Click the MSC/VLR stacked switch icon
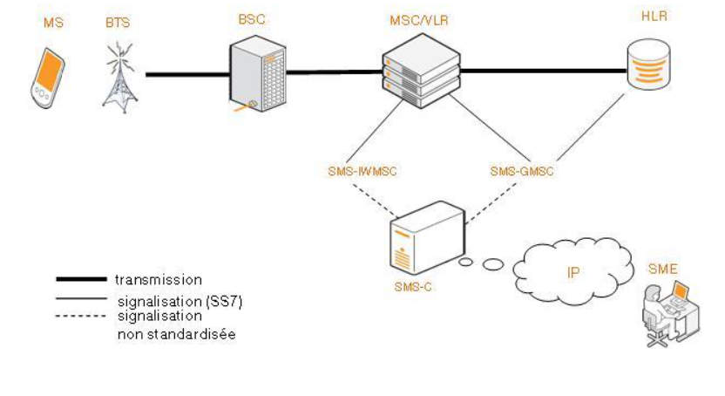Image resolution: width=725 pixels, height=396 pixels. click(x=421, y=74)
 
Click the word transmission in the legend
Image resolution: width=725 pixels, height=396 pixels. click(x=159, y=280)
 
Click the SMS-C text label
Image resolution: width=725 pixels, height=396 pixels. click(x=414, y=285)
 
